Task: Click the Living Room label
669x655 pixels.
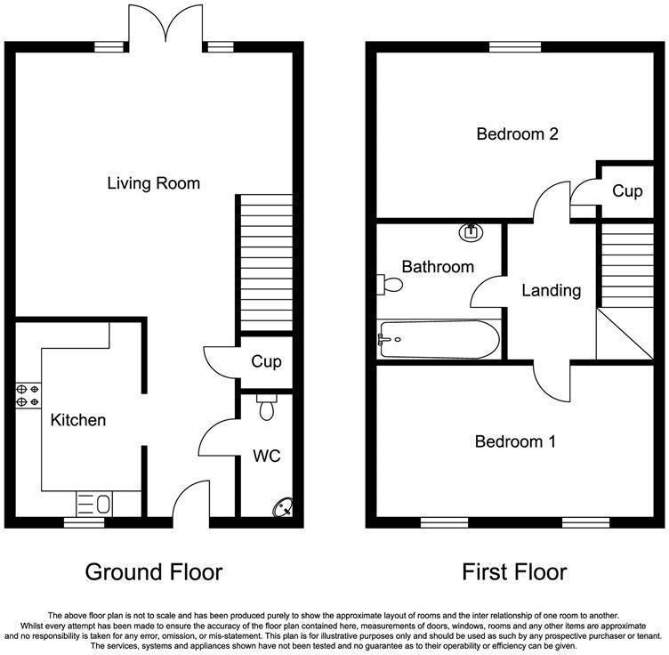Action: (x=154, y=183)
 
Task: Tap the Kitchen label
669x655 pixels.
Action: (x=78, y=420)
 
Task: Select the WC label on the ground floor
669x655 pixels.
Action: (x=267, y=456)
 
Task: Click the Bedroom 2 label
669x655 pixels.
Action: (x=517, y=134)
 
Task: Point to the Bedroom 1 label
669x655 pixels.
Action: (x=515, y=441)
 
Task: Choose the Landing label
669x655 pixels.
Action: (x=552, y=291)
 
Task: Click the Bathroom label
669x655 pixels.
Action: (x=438, y=267)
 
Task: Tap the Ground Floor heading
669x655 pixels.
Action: (x=154, y=572)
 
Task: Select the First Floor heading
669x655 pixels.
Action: (x=514, y=572)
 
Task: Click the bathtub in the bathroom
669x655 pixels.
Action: (x=439, y=340)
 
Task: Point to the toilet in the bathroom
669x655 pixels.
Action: (x=390, y=285)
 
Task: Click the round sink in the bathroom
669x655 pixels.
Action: (x=471, y=232)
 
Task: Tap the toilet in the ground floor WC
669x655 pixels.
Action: (x=267, y=407)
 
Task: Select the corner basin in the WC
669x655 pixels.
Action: (x=283, y=507)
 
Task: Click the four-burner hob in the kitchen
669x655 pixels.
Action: (x=28, y=395)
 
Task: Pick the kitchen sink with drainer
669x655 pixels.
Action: (x=94, y=504)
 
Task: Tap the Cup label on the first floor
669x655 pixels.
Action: (x=627, y=191)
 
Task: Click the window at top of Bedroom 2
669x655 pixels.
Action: (x=515, y=47)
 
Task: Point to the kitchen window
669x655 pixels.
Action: (x=85, y=522)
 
